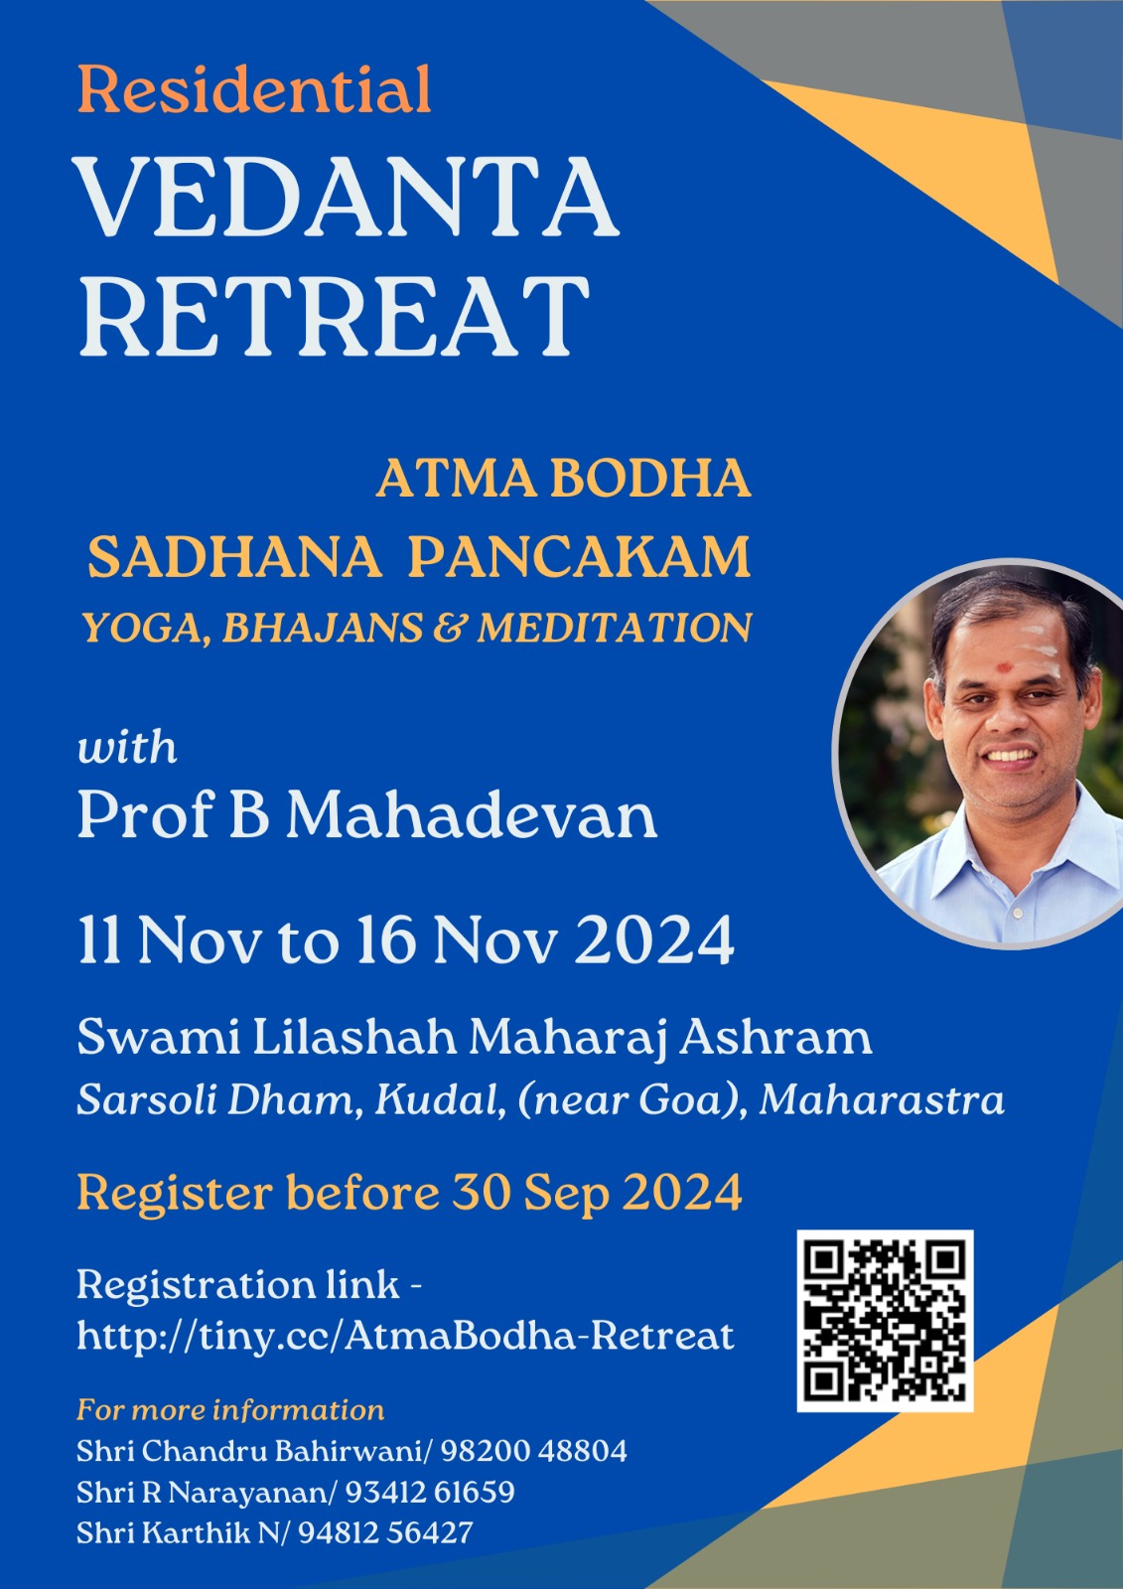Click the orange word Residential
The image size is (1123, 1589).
[x=254, y=88]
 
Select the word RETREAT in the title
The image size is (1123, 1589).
[x=334, y=316]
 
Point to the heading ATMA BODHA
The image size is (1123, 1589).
[x=563, y=479]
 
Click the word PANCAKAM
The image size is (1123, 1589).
[x=580, y=557]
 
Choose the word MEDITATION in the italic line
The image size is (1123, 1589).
[x=614, y=628]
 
